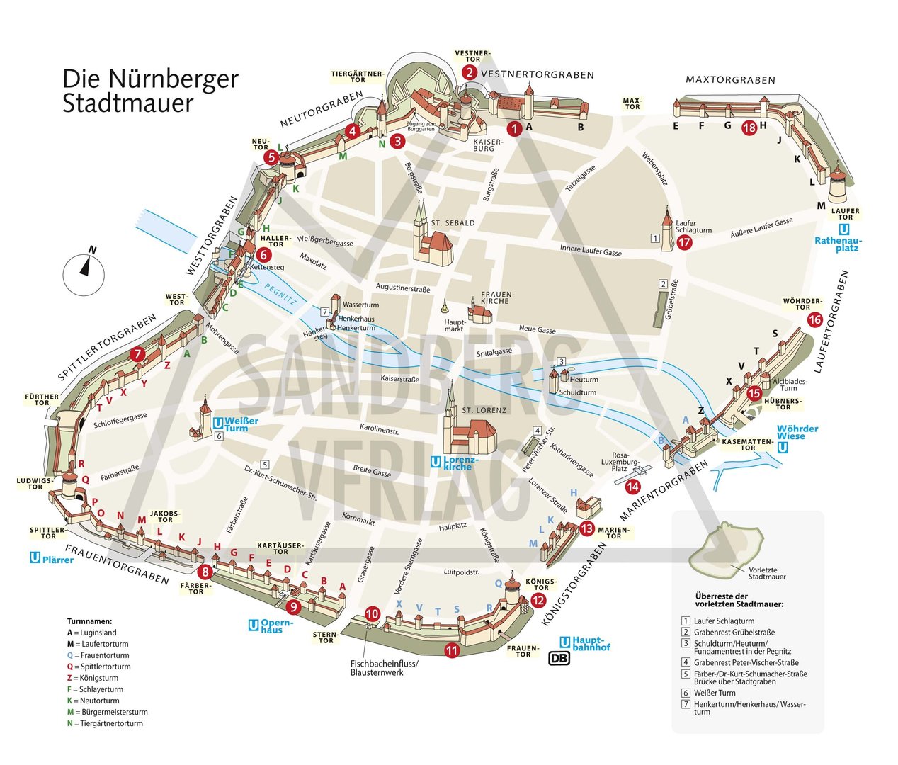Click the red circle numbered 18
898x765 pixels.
coord(749,128)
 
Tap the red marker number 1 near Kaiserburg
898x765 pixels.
coord(514,129)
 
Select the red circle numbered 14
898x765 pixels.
coord(632,487)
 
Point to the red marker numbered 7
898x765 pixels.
coord(137,354)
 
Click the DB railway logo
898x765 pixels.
coord(559,658)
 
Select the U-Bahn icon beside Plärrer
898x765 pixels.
coord(35,558)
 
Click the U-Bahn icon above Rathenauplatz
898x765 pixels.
coord(843,229)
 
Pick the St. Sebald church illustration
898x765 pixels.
coord(431,237)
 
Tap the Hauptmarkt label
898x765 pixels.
coord(454,324)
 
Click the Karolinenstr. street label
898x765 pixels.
coord(380,429)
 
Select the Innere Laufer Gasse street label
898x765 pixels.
coord(591,250)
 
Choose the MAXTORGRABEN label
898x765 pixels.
coord(730,80)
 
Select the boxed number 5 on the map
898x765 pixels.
coord(264,465)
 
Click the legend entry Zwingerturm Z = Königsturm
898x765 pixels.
coord(98,678)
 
